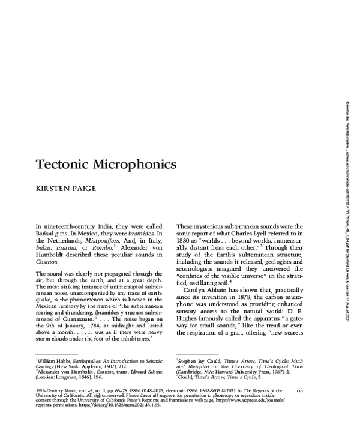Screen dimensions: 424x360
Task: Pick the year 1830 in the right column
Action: point(187,237)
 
